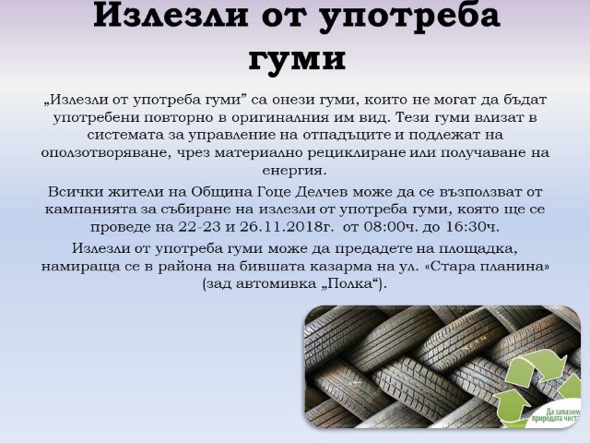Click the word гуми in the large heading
[x=297, y=59]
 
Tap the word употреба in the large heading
[x=409, y=17]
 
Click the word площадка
[x=479, y=248]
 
